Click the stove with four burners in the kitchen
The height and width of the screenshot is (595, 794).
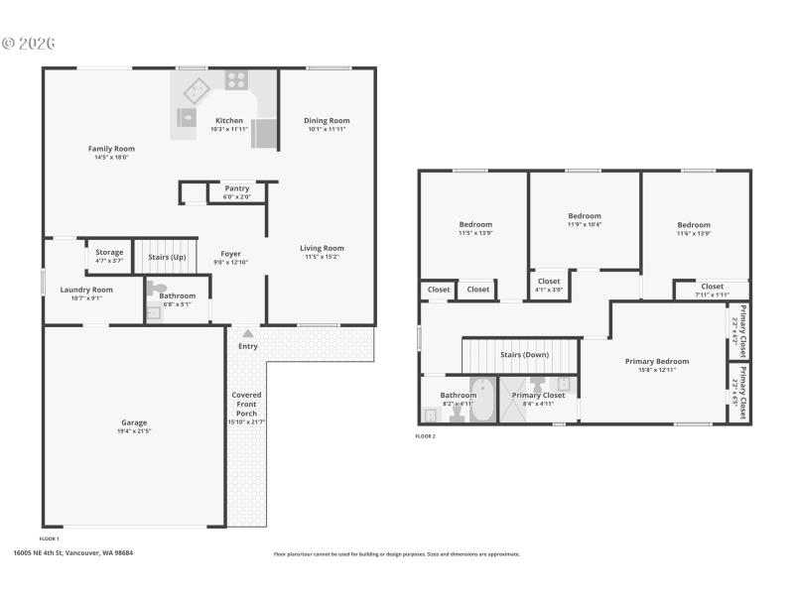236,79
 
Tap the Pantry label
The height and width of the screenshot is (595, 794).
236,188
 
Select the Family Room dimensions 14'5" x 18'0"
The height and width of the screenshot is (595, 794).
111,158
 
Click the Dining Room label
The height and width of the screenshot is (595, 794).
327,121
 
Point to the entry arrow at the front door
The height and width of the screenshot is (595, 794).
247,334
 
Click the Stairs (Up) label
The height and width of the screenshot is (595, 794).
167,257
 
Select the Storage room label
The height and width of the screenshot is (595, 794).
109,253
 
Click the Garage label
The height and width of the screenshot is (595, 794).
134,422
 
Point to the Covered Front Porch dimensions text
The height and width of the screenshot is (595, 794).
247,422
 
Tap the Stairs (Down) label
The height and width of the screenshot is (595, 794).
524,354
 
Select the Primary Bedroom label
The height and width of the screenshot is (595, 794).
656,362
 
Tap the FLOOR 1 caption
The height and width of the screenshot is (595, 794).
50,537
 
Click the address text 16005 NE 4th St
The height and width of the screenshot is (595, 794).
72,553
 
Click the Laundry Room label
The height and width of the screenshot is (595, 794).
86,290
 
